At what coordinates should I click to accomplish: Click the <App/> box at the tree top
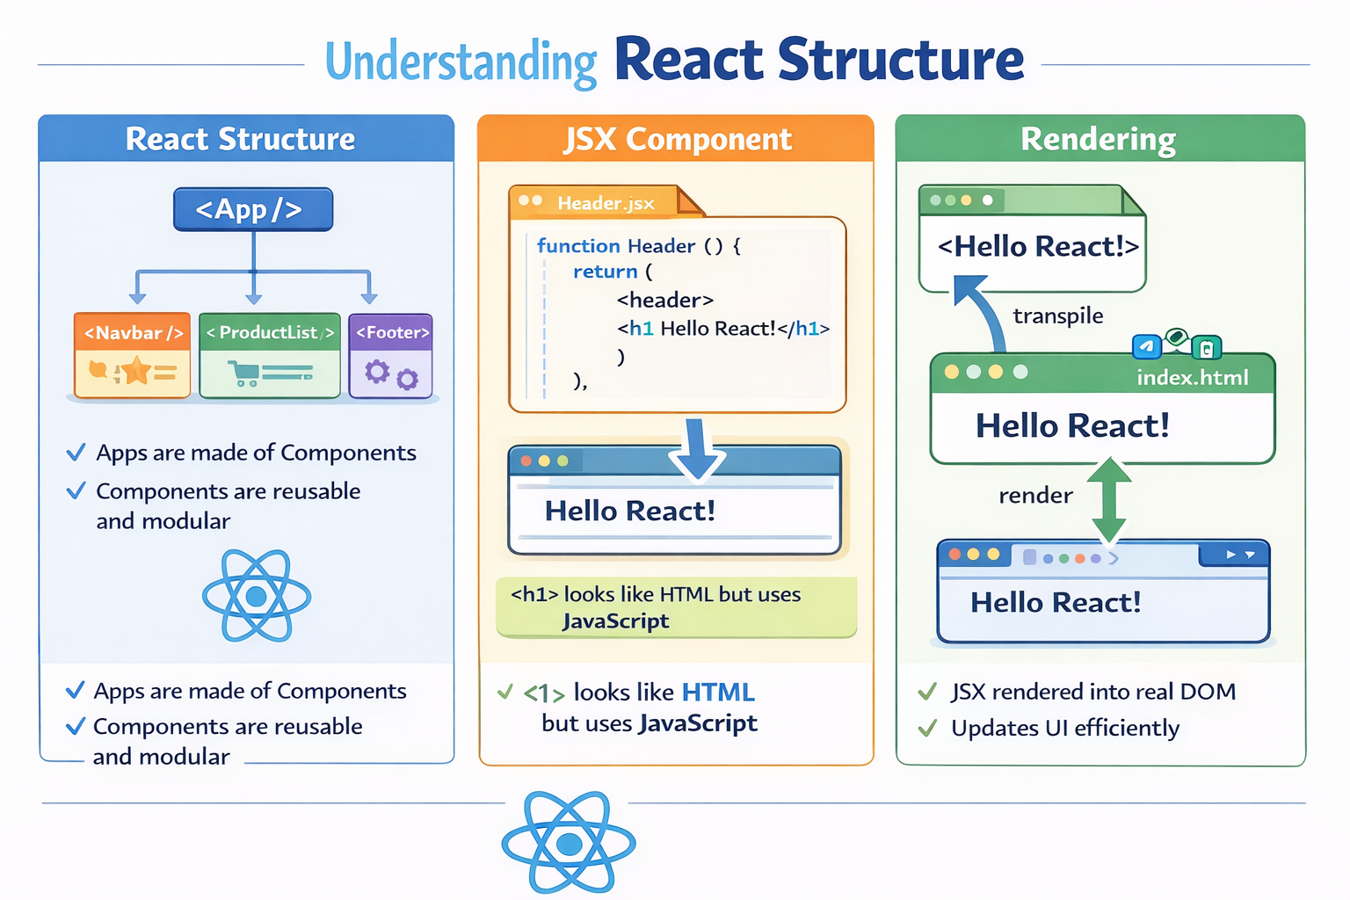[253, 209]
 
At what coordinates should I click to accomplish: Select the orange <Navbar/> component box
[133, 355]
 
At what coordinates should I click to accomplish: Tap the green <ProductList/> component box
[270, 355]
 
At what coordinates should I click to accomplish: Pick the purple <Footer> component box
[391, 355]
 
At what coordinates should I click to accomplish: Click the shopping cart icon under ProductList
[243, 374]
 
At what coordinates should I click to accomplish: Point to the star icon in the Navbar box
[136, 371]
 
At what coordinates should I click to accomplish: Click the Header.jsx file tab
[606, 203]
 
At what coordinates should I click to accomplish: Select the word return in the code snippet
[605, 272]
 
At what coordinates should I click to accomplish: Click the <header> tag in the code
[664, 300]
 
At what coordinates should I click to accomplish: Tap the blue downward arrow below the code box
[697, 448]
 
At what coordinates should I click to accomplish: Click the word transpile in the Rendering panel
[1057, 316]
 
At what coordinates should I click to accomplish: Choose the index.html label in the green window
[1192, 378]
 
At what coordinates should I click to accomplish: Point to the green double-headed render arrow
[1109, 499]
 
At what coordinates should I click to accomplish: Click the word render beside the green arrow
[1035, 496]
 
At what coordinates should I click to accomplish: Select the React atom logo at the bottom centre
[569, 843]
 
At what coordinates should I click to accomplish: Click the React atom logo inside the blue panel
[257, 597]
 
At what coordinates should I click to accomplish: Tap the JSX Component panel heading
[677, 139]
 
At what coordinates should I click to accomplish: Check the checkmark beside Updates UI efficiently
[927, 729]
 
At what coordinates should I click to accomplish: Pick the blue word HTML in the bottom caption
[718, 693]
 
